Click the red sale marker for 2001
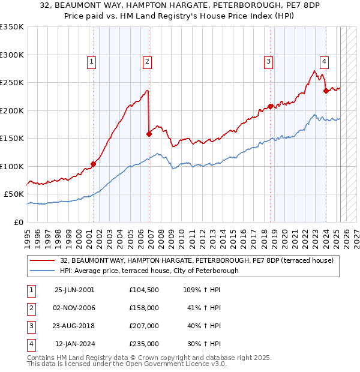(93, 164)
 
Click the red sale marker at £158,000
(149, 134)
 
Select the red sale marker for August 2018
(270, 106)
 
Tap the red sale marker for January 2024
(326, 91)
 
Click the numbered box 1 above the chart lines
(91, 61)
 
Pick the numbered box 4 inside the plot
(324, 61)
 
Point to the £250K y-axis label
(12, 82)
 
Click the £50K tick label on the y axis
(14, 194)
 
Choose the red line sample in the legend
(43, 260)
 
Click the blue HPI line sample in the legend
(43, 271)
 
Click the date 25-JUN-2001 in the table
(74, 290)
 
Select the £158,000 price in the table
(144, 308)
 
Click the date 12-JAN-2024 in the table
(74, 344)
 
